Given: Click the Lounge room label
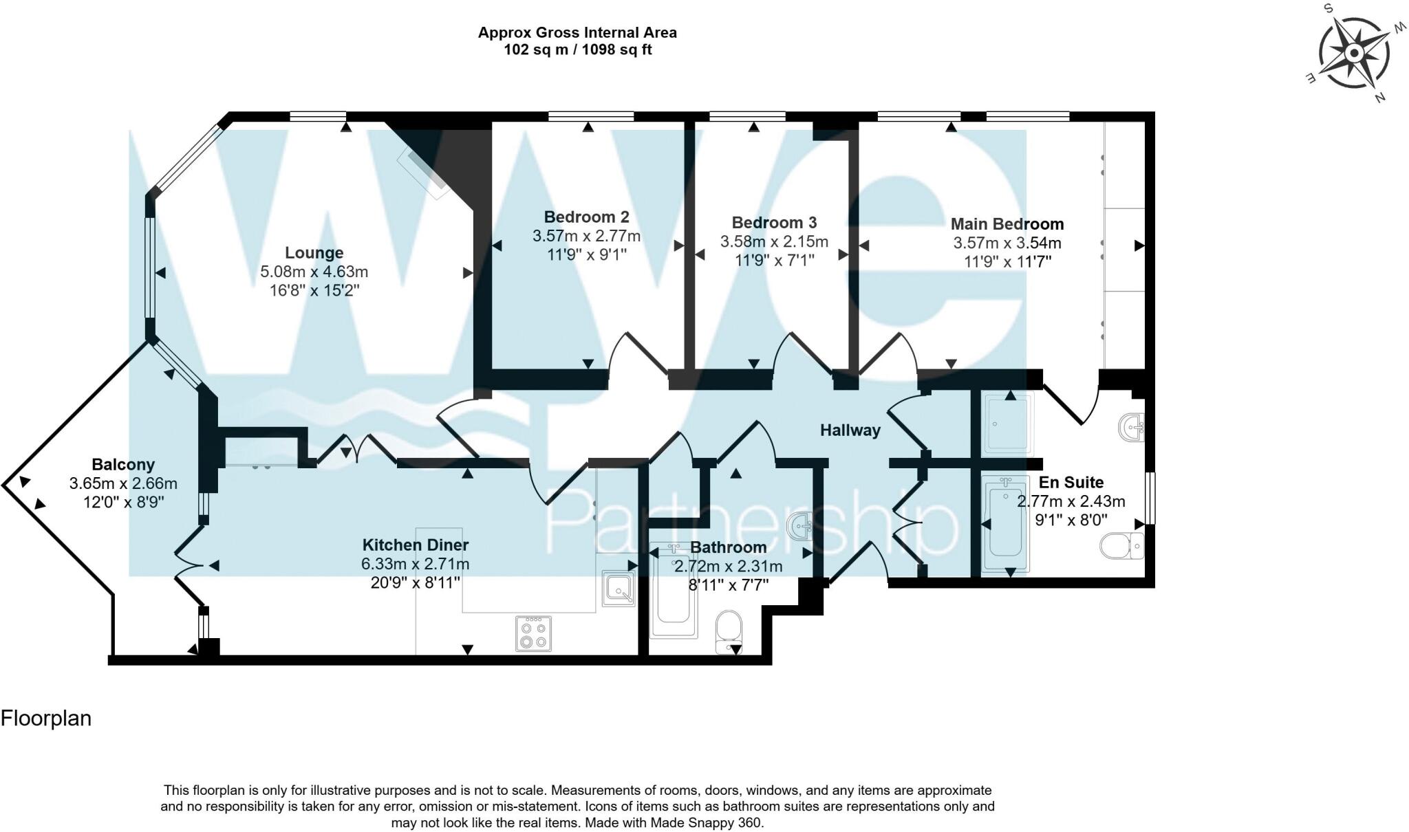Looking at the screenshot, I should coord(314,252).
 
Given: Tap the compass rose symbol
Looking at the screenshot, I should coord(1353,54).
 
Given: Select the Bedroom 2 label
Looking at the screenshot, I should coord(586,217).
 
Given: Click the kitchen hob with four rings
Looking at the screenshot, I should coord(533,633).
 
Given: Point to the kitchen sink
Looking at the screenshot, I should coord(618,589).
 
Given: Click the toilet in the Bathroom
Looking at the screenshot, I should coord(729,631).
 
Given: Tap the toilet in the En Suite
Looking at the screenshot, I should coord(1121,547).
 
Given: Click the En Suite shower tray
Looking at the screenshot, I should coord(1008,424).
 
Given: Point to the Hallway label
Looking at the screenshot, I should coord(850,430).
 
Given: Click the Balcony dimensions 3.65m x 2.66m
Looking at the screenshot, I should coord(123,483).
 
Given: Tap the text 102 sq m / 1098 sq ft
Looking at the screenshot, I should coord(577,50).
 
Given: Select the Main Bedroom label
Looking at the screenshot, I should coord(1007,224).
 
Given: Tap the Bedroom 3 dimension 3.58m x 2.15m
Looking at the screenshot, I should coord(774,242).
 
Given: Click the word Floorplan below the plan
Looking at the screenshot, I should coord(46,719).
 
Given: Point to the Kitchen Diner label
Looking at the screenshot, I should coord(415,545).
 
